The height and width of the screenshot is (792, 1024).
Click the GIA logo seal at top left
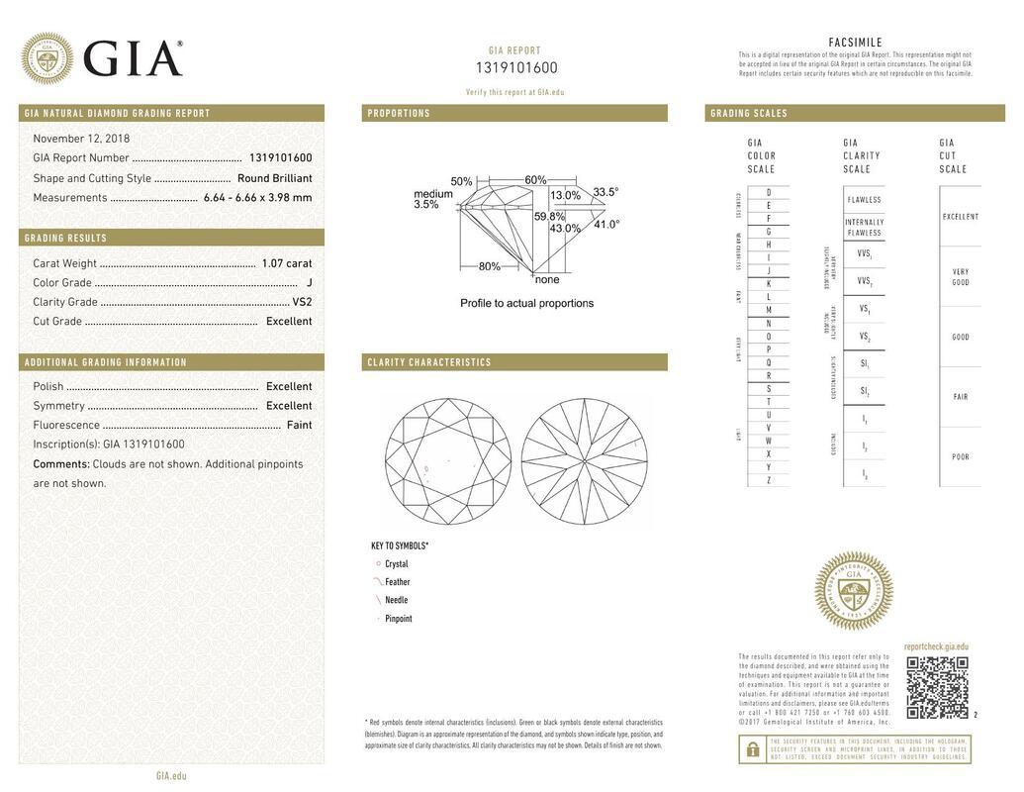coord(47,57)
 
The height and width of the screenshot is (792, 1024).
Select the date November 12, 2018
coord(81,139)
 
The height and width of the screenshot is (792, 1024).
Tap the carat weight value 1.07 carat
coord(286,263)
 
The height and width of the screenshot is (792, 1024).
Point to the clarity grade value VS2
coord(302,302)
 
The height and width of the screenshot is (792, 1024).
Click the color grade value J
coord(309,283)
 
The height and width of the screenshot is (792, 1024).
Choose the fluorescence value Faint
coord(299,425)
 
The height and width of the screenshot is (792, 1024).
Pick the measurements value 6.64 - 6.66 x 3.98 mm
coord(257,197)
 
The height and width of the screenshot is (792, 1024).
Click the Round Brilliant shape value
coord(274,178)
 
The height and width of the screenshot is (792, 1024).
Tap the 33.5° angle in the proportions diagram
coord(605,192)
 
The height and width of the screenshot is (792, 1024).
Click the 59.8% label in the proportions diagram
coord(550,216)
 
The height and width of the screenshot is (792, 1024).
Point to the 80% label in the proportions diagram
coord(489,266)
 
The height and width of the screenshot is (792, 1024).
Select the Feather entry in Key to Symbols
coord(397,582)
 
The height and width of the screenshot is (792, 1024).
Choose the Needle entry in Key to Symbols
coord(396,600)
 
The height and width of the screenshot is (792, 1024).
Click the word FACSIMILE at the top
coord(855,43)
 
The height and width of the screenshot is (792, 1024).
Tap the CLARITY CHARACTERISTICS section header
coord(429,362)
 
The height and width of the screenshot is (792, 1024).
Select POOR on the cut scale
coord(960,457)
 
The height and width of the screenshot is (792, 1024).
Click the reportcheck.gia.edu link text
coord(936,646)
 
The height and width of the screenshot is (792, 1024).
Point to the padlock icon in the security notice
coord(752,749)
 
